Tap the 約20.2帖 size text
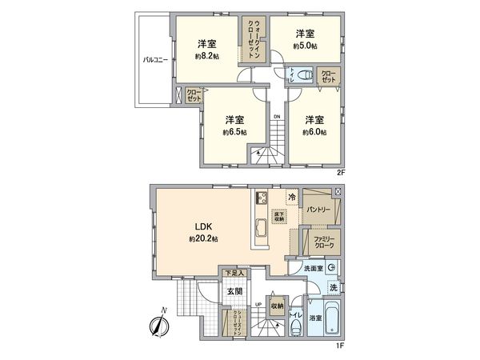[202, 238]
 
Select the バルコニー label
[154, 60]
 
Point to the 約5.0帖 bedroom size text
[304, 46]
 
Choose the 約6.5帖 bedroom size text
[234, 132]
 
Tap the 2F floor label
[340, 171]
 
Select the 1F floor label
[339, 346]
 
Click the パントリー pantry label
[318, 210]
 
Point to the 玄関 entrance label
[232, 291]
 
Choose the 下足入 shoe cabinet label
[234, 274]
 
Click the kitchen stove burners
[261, 198]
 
